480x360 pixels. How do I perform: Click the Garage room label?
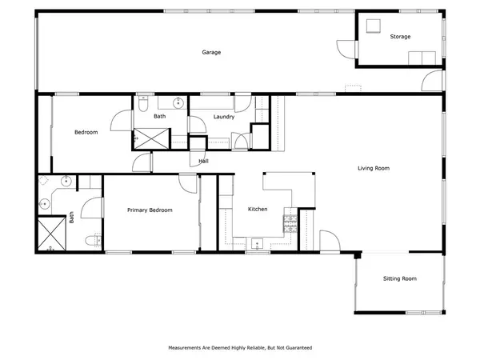coord(211,53)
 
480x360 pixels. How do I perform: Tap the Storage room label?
coord(400,38)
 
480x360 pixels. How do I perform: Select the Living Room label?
coord(373,168)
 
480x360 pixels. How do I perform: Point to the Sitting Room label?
coord(399,278)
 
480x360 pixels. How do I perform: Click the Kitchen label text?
coord(257,210)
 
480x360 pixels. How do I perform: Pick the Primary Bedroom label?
coord(150,210)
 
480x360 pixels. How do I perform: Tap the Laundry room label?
coord(223,117)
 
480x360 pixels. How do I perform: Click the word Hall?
coord(204,162)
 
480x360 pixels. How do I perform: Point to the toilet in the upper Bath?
coord(142,103)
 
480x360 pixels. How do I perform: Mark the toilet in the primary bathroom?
coord(95,239)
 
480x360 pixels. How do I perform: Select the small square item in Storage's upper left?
coord(372,25)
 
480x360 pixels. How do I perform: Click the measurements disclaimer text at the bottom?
coord(239,348)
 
